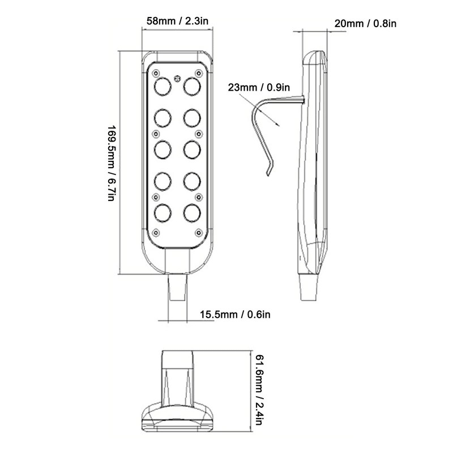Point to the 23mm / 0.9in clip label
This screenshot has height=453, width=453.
(259, 87)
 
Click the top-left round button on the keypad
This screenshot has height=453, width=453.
(163, 86)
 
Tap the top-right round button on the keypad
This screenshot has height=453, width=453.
(192, 86)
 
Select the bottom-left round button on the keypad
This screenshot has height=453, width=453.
(163, 212)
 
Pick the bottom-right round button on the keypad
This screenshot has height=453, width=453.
(192, 212)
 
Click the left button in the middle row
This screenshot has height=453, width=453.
(163, 149)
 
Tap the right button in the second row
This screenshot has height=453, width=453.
(192, 118)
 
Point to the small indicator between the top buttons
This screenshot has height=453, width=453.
(177, 78)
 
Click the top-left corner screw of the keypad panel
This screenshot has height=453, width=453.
(156, 73)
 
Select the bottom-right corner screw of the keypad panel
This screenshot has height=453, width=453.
(198, 233)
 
